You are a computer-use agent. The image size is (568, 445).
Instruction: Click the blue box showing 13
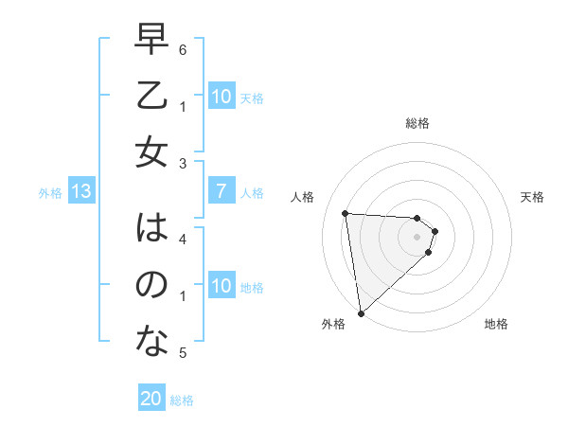[x=80, y=192]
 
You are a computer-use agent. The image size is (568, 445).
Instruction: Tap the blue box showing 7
[x=221, y=192]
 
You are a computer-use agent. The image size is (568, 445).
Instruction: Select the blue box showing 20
[x=151, y=399]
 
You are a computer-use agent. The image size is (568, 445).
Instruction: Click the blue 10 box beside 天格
[x=221, y=97]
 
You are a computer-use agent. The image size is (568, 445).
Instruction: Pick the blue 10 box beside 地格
[x=221, y=286]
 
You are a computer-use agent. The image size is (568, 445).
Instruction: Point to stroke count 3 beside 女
[x=183, y=164]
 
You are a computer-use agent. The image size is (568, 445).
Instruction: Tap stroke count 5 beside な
[x=183, y=353]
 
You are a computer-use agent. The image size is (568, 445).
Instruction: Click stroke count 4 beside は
[x=183, y=239]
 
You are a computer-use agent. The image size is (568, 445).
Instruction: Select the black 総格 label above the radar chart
[x=417, y=123]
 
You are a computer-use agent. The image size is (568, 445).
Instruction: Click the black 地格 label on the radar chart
[x=496, y=324]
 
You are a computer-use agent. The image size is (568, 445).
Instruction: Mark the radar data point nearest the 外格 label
[x=361, y=312]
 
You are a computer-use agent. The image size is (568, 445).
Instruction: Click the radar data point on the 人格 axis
[x=346, y=213]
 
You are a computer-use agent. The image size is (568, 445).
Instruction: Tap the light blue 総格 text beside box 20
[x=182, y=400]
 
